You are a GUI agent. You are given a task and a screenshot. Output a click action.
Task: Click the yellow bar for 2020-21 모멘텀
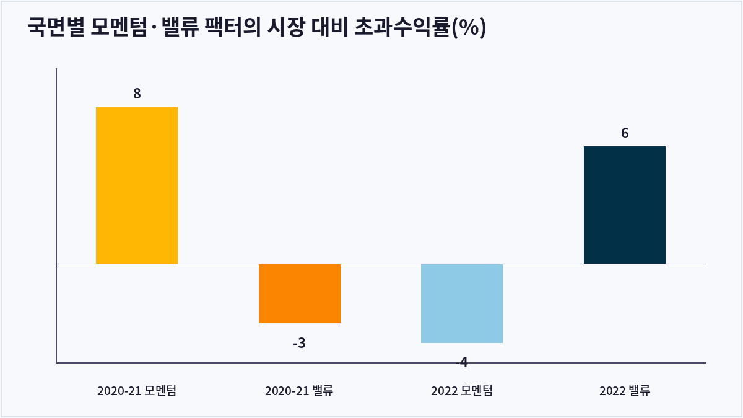(137, 185)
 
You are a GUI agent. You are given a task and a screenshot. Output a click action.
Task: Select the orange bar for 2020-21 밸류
(300, 294)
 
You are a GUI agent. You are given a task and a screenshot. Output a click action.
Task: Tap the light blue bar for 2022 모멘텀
(462, 303)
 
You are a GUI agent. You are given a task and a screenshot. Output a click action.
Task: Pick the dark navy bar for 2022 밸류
(625, 205)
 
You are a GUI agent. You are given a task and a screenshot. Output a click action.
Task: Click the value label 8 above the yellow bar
(137, 94)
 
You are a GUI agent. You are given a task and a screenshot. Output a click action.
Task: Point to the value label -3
(299, 343)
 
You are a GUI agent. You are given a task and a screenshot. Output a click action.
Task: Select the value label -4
(462, 362)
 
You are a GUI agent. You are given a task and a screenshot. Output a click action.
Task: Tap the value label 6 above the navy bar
(625, 133)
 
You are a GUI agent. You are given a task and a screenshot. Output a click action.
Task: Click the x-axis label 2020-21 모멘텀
(137, 391)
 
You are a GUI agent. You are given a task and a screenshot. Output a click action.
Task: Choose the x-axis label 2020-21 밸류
(299, 391)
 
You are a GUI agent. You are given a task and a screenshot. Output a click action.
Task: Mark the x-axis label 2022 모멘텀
(462, 391)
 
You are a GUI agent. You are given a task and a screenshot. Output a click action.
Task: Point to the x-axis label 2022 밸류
(625, 391)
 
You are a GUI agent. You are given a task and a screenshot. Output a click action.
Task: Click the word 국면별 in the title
(56, 27)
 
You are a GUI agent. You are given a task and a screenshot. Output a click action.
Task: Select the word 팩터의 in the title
(233, 27)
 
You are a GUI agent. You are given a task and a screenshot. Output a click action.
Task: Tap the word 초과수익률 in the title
(402, 27)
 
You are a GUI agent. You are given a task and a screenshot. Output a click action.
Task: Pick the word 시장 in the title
(285, 27)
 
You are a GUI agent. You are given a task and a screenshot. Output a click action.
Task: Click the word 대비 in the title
(329, 27)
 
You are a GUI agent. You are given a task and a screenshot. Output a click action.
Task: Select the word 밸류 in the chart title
(180, 27)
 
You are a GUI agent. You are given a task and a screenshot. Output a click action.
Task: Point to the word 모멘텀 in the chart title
(119, 27)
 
